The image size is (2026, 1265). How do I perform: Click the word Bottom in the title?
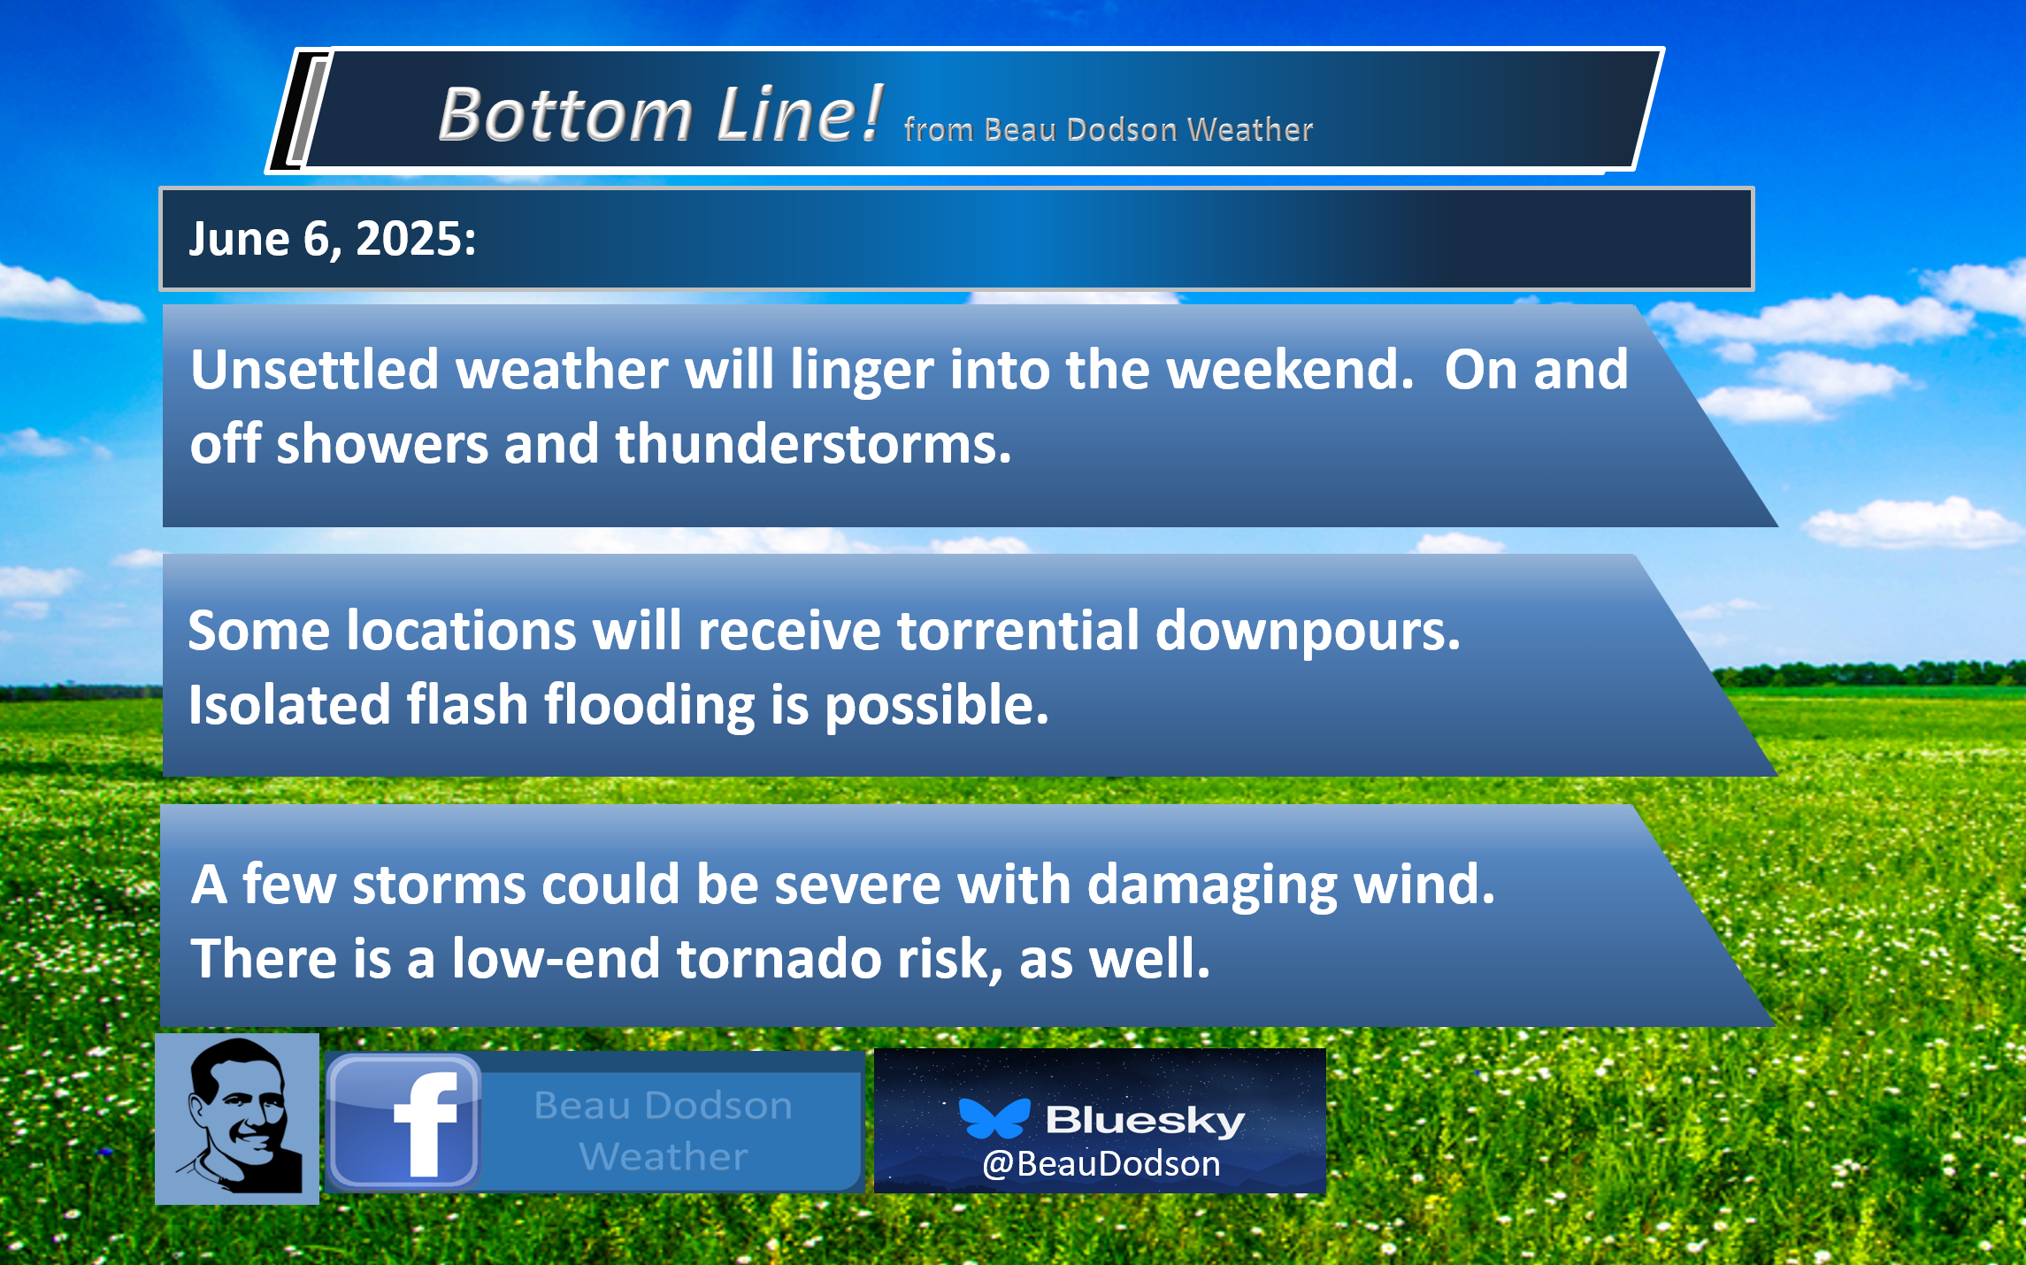[565, 114]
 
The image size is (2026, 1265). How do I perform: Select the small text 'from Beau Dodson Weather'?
[1109, 130]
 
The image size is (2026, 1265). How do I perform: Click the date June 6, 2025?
[333, 239]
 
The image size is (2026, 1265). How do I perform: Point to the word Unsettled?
[314, 369]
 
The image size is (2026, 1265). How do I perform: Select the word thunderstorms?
[813, 443]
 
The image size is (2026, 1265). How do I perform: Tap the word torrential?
[1018, 631]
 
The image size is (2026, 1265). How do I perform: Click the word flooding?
[649, 707]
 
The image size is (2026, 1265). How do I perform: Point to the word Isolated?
[289, 705]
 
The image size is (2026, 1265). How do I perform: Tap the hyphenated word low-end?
[556, 959]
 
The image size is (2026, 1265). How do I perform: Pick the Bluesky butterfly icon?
[994, 1118]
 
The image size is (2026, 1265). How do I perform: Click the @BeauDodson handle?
[1101, 1164]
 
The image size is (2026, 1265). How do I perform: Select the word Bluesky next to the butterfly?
[1146, 1120]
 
